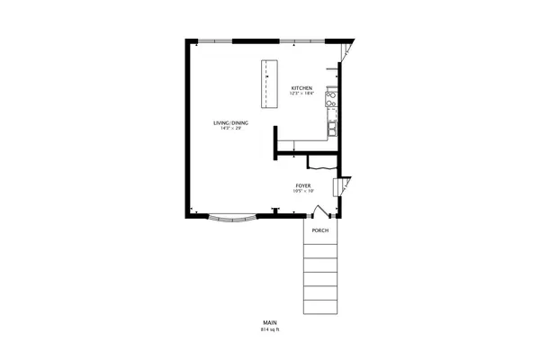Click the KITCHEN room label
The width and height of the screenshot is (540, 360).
pyautogui.click(x=301, y=87)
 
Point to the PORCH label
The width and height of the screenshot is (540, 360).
pyautogui.click(x=319, y=231)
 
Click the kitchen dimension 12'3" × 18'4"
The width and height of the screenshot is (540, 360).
pyautogui.click(x=301, y=93)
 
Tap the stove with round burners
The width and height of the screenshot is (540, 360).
pyautogui.click(x=331, y=101)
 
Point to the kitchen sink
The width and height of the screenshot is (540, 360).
pyautogui.click(x=333, y=128)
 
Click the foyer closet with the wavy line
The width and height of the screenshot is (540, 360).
pyautogui.click(x=321, y=162)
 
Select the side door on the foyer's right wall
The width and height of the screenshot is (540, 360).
pyautogui.click(x=339, y=188)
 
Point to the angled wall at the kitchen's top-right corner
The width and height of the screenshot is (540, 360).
pyautogui.click(x=350, y=51)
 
